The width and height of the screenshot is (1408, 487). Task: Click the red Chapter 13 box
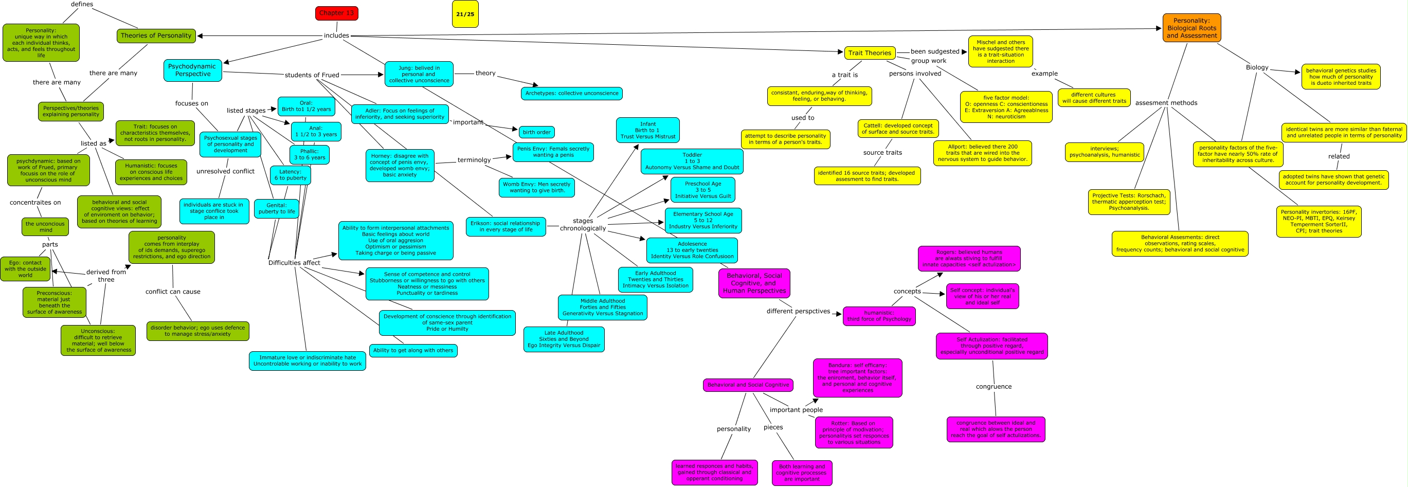coord(336,13)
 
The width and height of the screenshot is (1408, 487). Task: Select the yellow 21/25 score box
coord(465,14)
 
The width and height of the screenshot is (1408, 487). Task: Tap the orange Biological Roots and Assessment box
coord(1192,28)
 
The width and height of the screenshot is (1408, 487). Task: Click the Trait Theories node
coord(870,53)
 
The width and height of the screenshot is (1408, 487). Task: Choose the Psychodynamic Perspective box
coord(192,70)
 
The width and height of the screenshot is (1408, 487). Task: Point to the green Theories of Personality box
coord(156,35)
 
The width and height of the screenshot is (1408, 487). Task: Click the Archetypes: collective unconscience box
coord(571,94)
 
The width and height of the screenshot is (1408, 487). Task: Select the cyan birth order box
coord(536,132)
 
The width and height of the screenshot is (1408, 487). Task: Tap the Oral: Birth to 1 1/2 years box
coord(306,106)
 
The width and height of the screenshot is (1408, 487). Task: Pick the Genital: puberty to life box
coord(277,208)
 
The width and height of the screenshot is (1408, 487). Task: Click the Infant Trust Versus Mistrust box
coord(648,130)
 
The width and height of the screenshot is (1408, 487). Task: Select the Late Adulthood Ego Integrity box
coord(564,339)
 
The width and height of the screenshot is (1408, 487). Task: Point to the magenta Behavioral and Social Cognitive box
coord(748,385)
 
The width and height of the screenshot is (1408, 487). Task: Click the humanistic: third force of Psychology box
coord(879,316)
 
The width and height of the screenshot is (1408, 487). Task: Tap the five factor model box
coord(1006,107)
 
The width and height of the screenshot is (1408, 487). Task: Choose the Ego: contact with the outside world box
coord(25,269)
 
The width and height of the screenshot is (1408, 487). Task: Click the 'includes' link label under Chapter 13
coord(336,35)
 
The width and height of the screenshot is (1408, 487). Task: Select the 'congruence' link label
coord(993,386)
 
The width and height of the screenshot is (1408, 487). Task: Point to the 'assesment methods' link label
coord(1166,103)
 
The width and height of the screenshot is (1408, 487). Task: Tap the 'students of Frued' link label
coord(312,75)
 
